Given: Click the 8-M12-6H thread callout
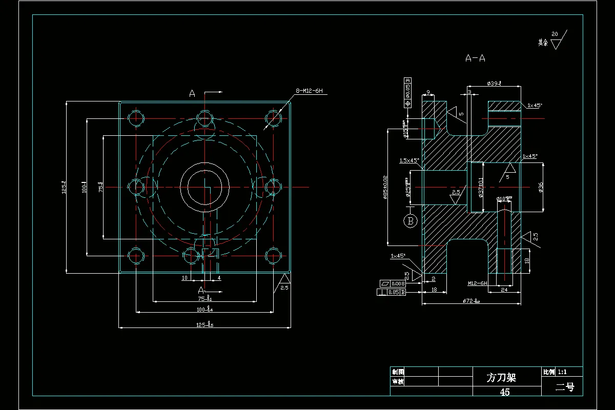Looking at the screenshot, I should [x=309, y=91].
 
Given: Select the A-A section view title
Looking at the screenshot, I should [x=475, y=58].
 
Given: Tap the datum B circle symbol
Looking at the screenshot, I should [x=410, y=221].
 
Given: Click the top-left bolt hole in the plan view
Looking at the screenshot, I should [x=136, y=118].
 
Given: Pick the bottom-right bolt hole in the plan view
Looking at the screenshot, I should [x=274, y=255].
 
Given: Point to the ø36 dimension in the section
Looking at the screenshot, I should [x=541, y=187].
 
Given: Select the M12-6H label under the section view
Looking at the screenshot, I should [x=477, y=282].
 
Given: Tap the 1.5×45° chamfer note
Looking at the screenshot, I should [x=409, y=160].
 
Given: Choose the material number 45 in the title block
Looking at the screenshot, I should [x=505, y=392].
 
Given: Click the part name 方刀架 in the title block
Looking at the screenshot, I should [x=501, y=378].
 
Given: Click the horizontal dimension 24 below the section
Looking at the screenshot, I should [x=504, y=290].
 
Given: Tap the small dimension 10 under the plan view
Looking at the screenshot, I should [x=186, y=278].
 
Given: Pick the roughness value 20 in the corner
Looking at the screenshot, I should [x=554, y=34].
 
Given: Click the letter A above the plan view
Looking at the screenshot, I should [x=192, y=94].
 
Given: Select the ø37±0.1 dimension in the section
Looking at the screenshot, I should [x=481, y=188].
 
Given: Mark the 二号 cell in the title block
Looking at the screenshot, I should [x=565, y=387].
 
